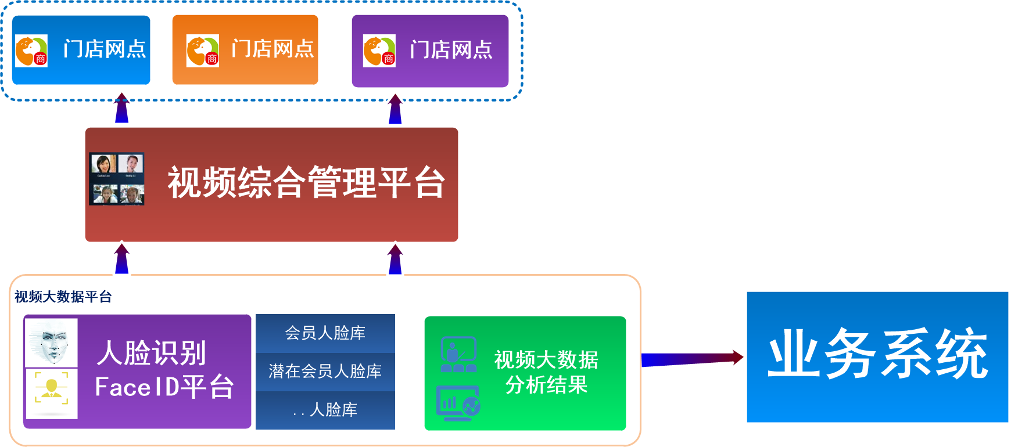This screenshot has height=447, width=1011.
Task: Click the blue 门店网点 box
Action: pyautogui.click(x=81, y=50)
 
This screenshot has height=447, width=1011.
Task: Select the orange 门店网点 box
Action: pyautogui.click(x=245, y=50)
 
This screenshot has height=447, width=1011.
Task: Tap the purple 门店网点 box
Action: pyautogui.click(x=430, y=51)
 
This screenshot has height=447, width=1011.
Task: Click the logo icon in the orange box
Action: pyautogui.click(x=202, y=51)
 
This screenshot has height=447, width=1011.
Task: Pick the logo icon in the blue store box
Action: pyautogui.click(x=31, y=51)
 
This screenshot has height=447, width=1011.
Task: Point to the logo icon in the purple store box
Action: pyautogui.click(x=379, y=51)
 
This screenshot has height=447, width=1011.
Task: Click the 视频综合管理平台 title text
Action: pyautogui.click(x=306, y=182)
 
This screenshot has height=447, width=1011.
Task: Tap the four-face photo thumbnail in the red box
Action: pyautogui.click(x=117, y=179)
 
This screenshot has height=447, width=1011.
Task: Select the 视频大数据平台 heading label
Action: pyautogui.click(x=63, y=297)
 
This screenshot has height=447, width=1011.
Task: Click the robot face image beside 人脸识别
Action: pyautogui.click(x=52, y=343)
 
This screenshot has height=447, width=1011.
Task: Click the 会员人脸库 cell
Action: pyautogui.click(x=325, y=333)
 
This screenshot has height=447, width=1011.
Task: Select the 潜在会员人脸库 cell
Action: pyautogui.click(x=325, y=372)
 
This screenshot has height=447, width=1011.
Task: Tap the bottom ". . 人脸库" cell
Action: pyautogui.click(x=325, y=410)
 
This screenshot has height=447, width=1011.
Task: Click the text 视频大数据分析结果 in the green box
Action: pyautogui.click(x=546, y=372)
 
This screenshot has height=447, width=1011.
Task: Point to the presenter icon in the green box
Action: pyautogui.click(x=458, y=354)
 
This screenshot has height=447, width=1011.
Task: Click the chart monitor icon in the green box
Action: pyautogui.click(x=458, y=402)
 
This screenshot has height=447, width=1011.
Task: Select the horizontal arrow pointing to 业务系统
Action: pyautogui.click(x=691, y=359)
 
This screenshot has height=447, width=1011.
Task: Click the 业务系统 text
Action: pyautogui.click(x=877, y=354)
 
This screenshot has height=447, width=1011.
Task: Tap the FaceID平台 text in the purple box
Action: pyautogui.click(x=164, y=387)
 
